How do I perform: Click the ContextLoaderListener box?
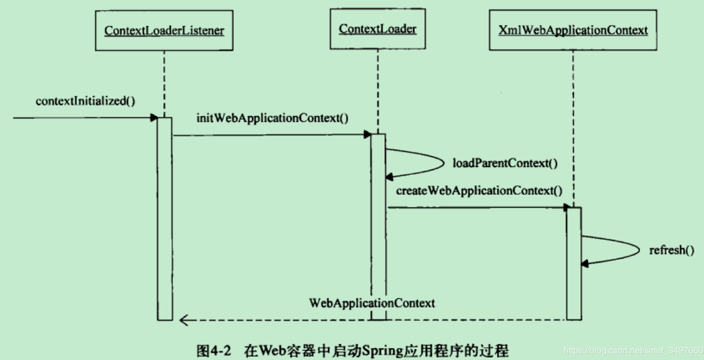coord(164,30)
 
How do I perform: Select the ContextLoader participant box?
coord(378,29)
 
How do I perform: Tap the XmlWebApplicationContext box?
coord(573,30)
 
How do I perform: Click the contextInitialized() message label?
coord(86,101)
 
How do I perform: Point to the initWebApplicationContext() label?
coord(272,118)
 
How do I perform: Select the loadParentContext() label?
coord(505,164)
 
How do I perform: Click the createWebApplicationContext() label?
coord(479,191)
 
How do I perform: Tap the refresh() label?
coord(671,250)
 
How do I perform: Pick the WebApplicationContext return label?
coord(371,303)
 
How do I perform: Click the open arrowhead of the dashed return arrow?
coord(184,320)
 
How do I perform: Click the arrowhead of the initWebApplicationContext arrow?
coord(368,135)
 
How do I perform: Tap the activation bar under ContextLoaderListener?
coord(165,223)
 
